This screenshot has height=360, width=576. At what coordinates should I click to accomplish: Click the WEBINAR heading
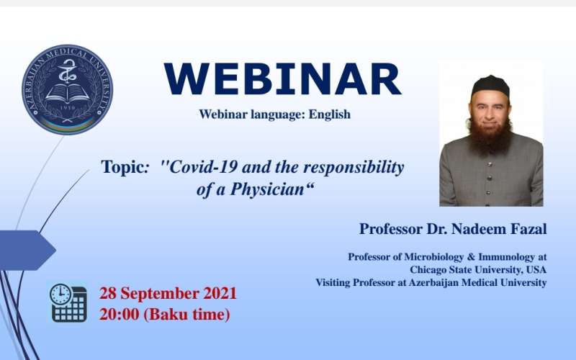point(282,79)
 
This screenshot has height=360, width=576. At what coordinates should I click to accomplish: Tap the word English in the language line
point(330,114)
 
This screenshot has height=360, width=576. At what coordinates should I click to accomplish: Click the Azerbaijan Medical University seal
point(67,90)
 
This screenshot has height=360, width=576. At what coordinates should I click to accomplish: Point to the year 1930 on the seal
point(67,107)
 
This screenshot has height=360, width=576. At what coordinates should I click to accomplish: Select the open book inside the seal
point(67,94)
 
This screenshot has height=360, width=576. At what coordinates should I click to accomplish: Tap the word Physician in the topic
point(267,189)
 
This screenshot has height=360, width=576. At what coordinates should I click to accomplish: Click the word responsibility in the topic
point(354,168)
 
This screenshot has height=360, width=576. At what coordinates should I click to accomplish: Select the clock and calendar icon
point(68,302)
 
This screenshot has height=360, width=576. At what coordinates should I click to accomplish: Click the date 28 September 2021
point(168,294)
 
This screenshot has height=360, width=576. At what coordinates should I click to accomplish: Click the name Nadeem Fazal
point(499,229)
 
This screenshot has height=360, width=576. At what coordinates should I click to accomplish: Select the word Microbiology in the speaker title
point(434,257)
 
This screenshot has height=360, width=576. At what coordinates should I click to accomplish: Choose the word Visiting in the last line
point(333,282)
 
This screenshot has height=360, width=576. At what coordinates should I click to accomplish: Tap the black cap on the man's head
point(490,86)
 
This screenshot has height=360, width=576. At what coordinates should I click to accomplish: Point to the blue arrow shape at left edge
point(27,250)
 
